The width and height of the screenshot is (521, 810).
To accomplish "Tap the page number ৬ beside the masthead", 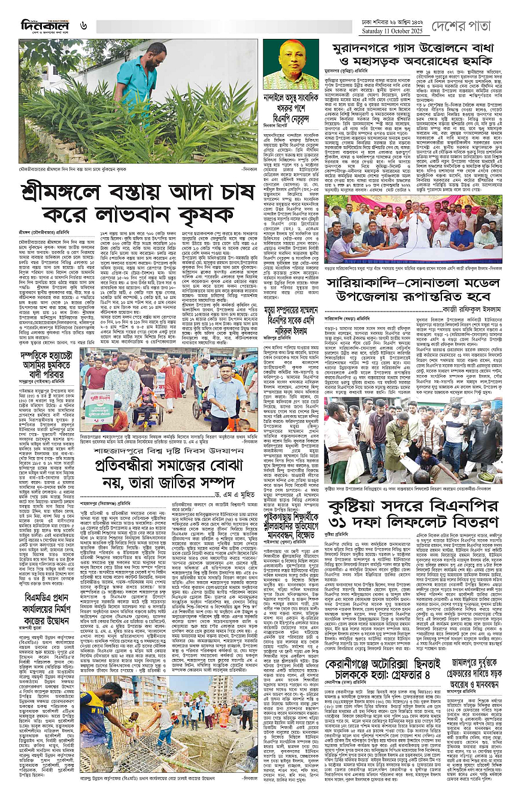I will point(84,25).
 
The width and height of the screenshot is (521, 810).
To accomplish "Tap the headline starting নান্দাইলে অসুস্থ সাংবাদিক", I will point(290,105).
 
